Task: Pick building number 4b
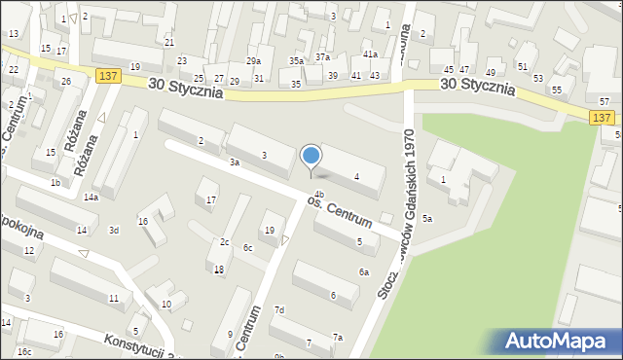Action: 318,195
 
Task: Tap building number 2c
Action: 224,241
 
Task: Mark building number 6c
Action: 248,248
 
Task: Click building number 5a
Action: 426,219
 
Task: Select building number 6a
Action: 364,272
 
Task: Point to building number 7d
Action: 279,310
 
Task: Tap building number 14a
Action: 91,198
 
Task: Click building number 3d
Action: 114,231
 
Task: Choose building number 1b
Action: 55,183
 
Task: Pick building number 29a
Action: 253,61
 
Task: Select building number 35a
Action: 296,61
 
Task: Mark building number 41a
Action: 370,54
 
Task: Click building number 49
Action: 491,73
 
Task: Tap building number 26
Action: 66,81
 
